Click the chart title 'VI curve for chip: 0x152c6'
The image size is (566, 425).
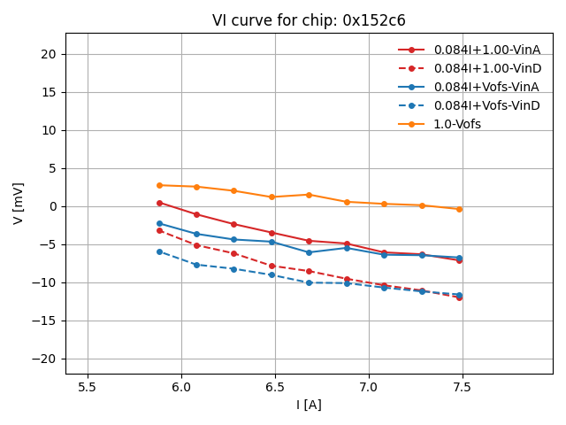coord(309,20)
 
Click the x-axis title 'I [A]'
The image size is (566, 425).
coord(309,406)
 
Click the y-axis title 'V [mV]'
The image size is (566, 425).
coord(19,203)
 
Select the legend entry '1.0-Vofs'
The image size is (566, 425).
coord(457,124)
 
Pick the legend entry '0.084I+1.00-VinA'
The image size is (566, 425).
coord(486,50)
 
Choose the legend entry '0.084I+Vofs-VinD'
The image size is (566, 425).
coord(486,105)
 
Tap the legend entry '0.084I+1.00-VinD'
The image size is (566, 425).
coord(486,68)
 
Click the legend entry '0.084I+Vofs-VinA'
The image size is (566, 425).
coord(486,87)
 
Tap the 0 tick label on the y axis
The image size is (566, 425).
coord(52,206)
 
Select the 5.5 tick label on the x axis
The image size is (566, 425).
coord(88,387)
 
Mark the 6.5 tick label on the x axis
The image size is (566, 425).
coord(275,387)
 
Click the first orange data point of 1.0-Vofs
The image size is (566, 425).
coord(159,185)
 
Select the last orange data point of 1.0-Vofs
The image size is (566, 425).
coord(459,209)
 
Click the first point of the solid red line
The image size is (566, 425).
coord(159,203)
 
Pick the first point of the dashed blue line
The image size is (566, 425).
coord(159,251)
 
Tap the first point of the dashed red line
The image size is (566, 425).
coord(159,230)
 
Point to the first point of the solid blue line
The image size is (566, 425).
coord(159,223)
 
